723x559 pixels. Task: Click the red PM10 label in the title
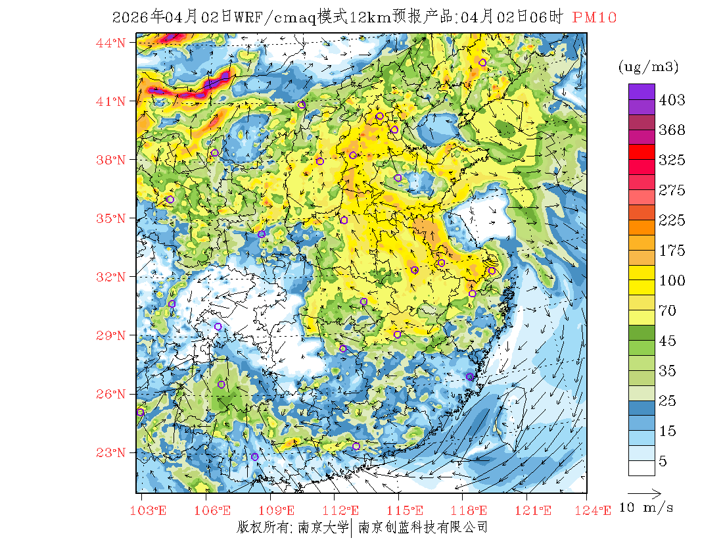[x=594, y=18]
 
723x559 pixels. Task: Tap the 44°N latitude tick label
[x=110, y=43]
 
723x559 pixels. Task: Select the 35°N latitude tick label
[x=110, y=218]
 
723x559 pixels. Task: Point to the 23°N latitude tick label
[x=110, y=452]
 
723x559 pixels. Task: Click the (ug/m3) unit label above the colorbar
[x=648, y=66]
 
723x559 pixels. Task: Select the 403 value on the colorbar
[x=672, y=100]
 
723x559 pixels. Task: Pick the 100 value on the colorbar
[x=672, y=281]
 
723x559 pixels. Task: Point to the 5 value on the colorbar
[x=663, y=462]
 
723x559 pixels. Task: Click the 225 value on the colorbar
[x=672, y=220]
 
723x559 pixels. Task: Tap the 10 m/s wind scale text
[x=647, y=507]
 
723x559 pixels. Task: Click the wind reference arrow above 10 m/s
[x=644, y=492]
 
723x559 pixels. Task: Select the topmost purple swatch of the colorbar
[x=641, y=91]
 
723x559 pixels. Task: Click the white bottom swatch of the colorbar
[x=641, y=468]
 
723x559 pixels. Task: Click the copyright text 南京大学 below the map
[x=322, y=527]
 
